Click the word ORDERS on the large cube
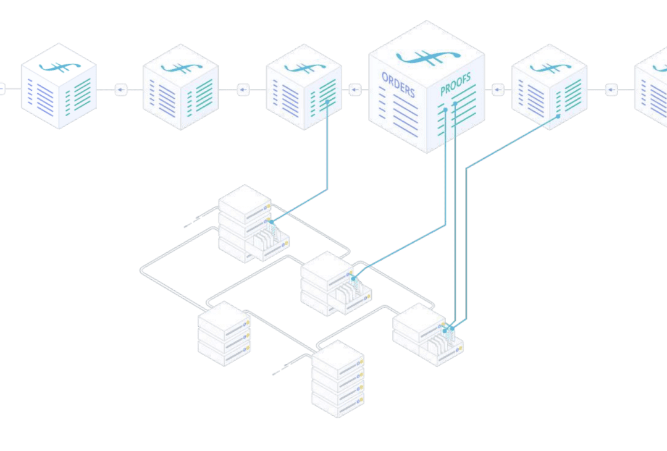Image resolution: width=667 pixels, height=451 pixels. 398,84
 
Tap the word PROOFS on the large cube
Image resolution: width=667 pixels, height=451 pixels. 456,84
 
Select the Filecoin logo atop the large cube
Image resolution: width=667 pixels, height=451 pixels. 427,57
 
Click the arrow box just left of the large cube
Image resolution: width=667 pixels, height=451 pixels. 355,90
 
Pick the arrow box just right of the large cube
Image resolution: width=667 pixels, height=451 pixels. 498,90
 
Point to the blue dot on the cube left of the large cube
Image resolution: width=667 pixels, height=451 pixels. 327,102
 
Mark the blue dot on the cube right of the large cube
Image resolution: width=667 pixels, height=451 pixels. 558,116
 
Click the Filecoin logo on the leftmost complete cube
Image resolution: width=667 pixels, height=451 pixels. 59,67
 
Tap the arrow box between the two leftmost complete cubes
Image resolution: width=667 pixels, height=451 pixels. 121,90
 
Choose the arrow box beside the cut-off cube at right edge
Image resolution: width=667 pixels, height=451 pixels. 611,90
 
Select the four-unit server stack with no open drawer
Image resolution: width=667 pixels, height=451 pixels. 338,379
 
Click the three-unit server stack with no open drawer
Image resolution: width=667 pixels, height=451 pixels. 224,334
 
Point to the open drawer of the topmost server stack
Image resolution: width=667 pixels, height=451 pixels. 267,244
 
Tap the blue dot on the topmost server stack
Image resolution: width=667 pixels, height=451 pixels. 271,222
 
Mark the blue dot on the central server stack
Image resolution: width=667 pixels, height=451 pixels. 353,279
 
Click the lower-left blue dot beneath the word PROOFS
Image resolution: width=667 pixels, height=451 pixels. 445,110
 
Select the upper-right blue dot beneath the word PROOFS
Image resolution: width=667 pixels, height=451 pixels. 455,103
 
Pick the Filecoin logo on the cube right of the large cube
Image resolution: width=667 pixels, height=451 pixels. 550,68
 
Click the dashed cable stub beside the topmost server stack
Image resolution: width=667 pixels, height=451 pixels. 193,222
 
